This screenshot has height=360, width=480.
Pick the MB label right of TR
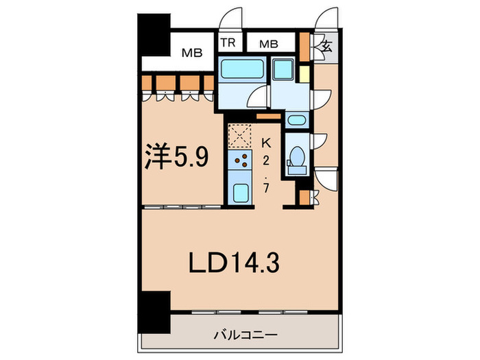click(x=268, y=44)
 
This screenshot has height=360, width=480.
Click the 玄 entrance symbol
click(x=326, y=48)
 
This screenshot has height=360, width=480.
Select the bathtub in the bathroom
click(x=241, y=71)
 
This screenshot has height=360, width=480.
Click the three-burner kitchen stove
click(x=241, y=163)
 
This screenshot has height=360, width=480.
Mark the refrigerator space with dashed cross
click(x=241, y=134)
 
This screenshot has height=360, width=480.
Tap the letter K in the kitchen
click(x=267, y=143)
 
